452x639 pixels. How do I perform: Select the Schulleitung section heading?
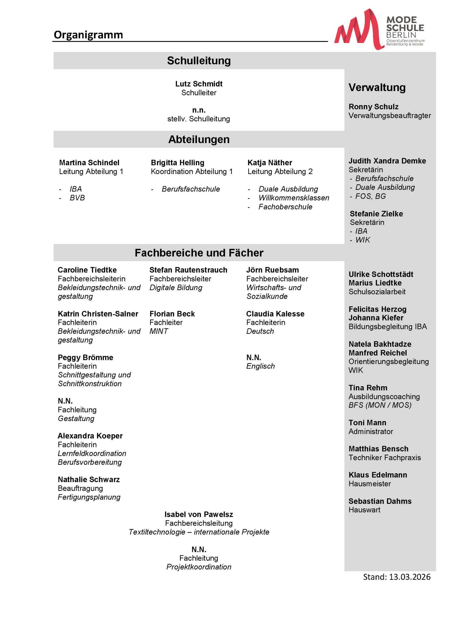click(199, 61)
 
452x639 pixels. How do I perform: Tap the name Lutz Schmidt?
click(199, 84)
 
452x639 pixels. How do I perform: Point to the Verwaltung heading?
click(377, 87)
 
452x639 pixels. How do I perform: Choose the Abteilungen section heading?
click(199, 140)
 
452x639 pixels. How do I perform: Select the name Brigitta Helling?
click(177, 162)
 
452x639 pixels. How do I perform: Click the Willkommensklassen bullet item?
click(293, 198)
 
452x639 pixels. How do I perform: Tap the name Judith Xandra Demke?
click(387, 161)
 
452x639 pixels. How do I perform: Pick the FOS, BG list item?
click(370, 196)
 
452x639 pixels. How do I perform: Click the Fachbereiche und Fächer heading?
click(199, 253)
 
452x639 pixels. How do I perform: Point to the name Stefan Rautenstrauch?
click(188, 270)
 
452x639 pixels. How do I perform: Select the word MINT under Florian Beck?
click(159, 331)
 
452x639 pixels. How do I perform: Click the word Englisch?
click(260, 366)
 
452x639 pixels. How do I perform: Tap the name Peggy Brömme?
click(85, 357)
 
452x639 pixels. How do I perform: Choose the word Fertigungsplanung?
click(89, 497)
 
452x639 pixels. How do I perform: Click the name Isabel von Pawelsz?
click(199, 514)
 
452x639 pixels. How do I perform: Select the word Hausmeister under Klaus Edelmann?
click(370, 484)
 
